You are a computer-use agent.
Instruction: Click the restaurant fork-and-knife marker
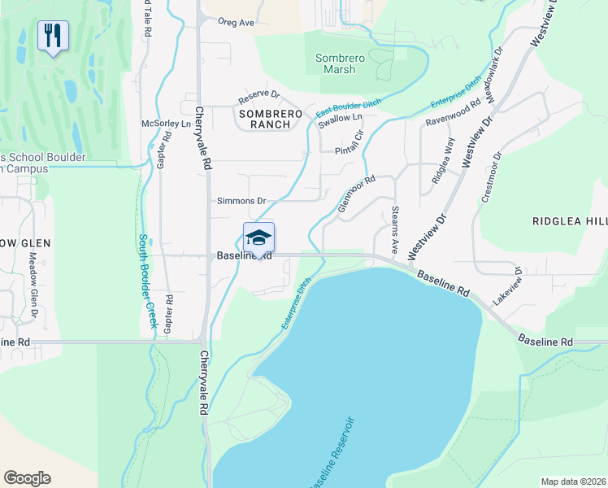[54, 36]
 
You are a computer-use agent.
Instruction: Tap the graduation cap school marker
[258, 237]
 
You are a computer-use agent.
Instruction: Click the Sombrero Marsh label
[336, 64]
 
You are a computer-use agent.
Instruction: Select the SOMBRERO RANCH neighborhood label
[264, 119]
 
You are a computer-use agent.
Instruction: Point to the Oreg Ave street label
[236, 23]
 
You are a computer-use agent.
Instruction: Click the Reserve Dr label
[258, 98]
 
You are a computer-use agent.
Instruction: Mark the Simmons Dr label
[241, 200]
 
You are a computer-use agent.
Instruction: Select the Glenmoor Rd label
[356, 196]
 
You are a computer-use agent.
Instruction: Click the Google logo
[27, 478]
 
